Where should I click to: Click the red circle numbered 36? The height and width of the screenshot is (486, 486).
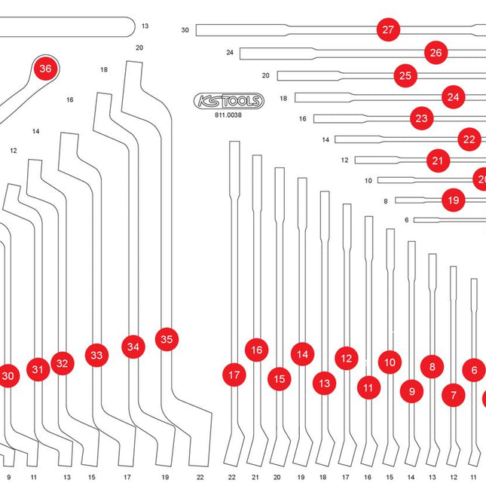pyautogui.click(x=45, y=69)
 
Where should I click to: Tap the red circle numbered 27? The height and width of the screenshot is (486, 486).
pyautogui.click(x=388, y=30)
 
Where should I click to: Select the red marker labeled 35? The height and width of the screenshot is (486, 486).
pyautogui.click(x=167, y=340)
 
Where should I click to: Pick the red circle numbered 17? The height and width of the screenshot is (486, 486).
pyautogui.click(x=234, y=374)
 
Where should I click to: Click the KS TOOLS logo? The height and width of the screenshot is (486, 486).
pyautogui.click(x=229, y=101)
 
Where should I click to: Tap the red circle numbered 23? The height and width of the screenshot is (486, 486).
pyautogui.click(x=421, y=118)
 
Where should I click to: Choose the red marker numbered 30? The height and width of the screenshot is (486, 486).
pyautogui.click(x=8, y=376)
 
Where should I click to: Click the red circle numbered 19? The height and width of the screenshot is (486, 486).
pyautogui.click(x=453, y=200)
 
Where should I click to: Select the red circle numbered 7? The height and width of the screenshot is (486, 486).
pyautogui.click(x=454, y=394)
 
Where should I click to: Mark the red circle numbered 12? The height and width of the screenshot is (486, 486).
pyautogui.click(x=346, y=359)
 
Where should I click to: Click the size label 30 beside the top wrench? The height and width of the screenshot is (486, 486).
pyautogui.click(x=185, y=30)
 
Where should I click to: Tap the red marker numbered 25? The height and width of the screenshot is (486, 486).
pyautogui.click(x=405, y=75)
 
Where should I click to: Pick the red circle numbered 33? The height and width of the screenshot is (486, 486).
pyautogui.click(x=96, y=355)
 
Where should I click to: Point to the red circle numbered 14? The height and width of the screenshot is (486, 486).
pyautogui.click(x=302, y=354)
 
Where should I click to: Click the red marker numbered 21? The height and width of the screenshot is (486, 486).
pyautogui.click(x=438, y=160)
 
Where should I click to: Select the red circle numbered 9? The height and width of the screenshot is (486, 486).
pyautogui.click(x=411, y=392)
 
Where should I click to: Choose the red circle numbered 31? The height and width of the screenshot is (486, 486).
pyautogui.click(x=38, y=369)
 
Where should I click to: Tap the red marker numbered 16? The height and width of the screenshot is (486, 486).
pyautogui.click(x=257, y=350)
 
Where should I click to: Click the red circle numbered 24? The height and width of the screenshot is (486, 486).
pyautogui.click(x=453, y=97)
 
